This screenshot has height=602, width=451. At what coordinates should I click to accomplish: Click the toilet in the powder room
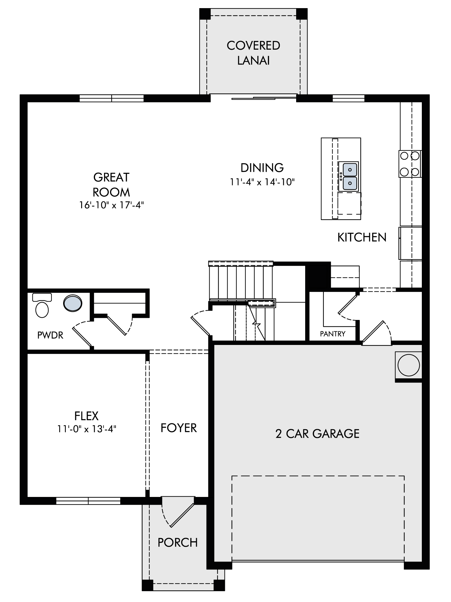[x=42, y=306]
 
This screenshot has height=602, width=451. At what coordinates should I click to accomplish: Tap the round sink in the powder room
[x=73, y=303]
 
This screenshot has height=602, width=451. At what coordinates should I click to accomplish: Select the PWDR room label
[x=50, y=335]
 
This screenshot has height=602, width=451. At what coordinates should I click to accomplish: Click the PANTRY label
[x=333, y=334]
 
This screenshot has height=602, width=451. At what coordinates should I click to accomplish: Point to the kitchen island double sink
[x=350, y=176]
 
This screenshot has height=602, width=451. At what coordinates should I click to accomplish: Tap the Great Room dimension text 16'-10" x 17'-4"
[x=112, y=205]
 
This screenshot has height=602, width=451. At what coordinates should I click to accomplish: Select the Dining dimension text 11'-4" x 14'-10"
[x=262, y=182]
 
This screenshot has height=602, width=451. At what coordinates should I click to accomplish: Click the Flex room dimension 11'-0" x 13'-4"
[x=87, y=429]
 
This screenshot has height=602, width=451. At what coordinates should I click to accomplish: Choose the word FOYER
[x=179, y=428]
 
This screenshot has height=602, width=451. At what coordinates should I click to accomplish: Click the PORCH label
[x=178, y=543]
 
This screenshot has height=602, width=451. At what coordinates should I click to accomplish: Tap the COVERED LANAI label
[x=253, y=53]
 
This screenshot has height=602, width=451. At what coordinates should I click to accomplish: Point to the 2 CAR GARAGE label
[x=318, y=434]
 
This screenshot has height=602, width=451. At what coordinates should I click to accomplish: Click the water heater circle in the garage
[x=408, y=365]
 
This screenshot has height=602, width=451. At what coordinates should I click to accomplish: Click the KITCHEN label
[x=362, y=237]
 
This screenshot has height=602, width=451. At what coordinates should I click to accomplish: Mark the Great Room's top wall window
[x=112, y=98]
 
